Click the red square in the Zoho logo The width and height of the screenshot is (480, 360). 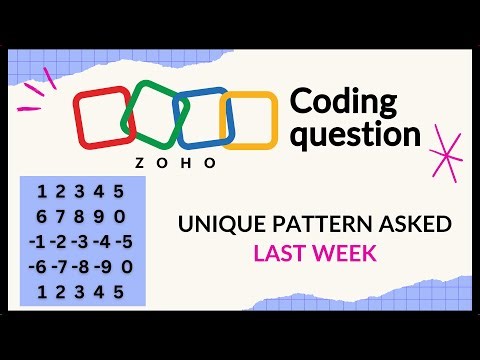(x=100, y=119)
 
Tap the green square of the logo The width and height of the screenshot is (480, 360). (x=153, y=117)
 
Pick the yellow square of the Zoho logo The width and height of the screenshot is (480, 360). (x=248, y=121)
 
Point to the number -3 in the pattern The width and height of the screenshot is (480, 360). (x=79, y=241)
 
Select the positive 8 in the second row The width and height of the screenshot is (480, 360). (x=81, y=216)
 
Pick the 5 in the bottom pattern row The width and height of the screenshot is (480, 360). (x=119, y=291)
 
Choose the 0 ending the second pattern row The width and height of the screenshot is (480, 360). (x=120, y=216)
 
